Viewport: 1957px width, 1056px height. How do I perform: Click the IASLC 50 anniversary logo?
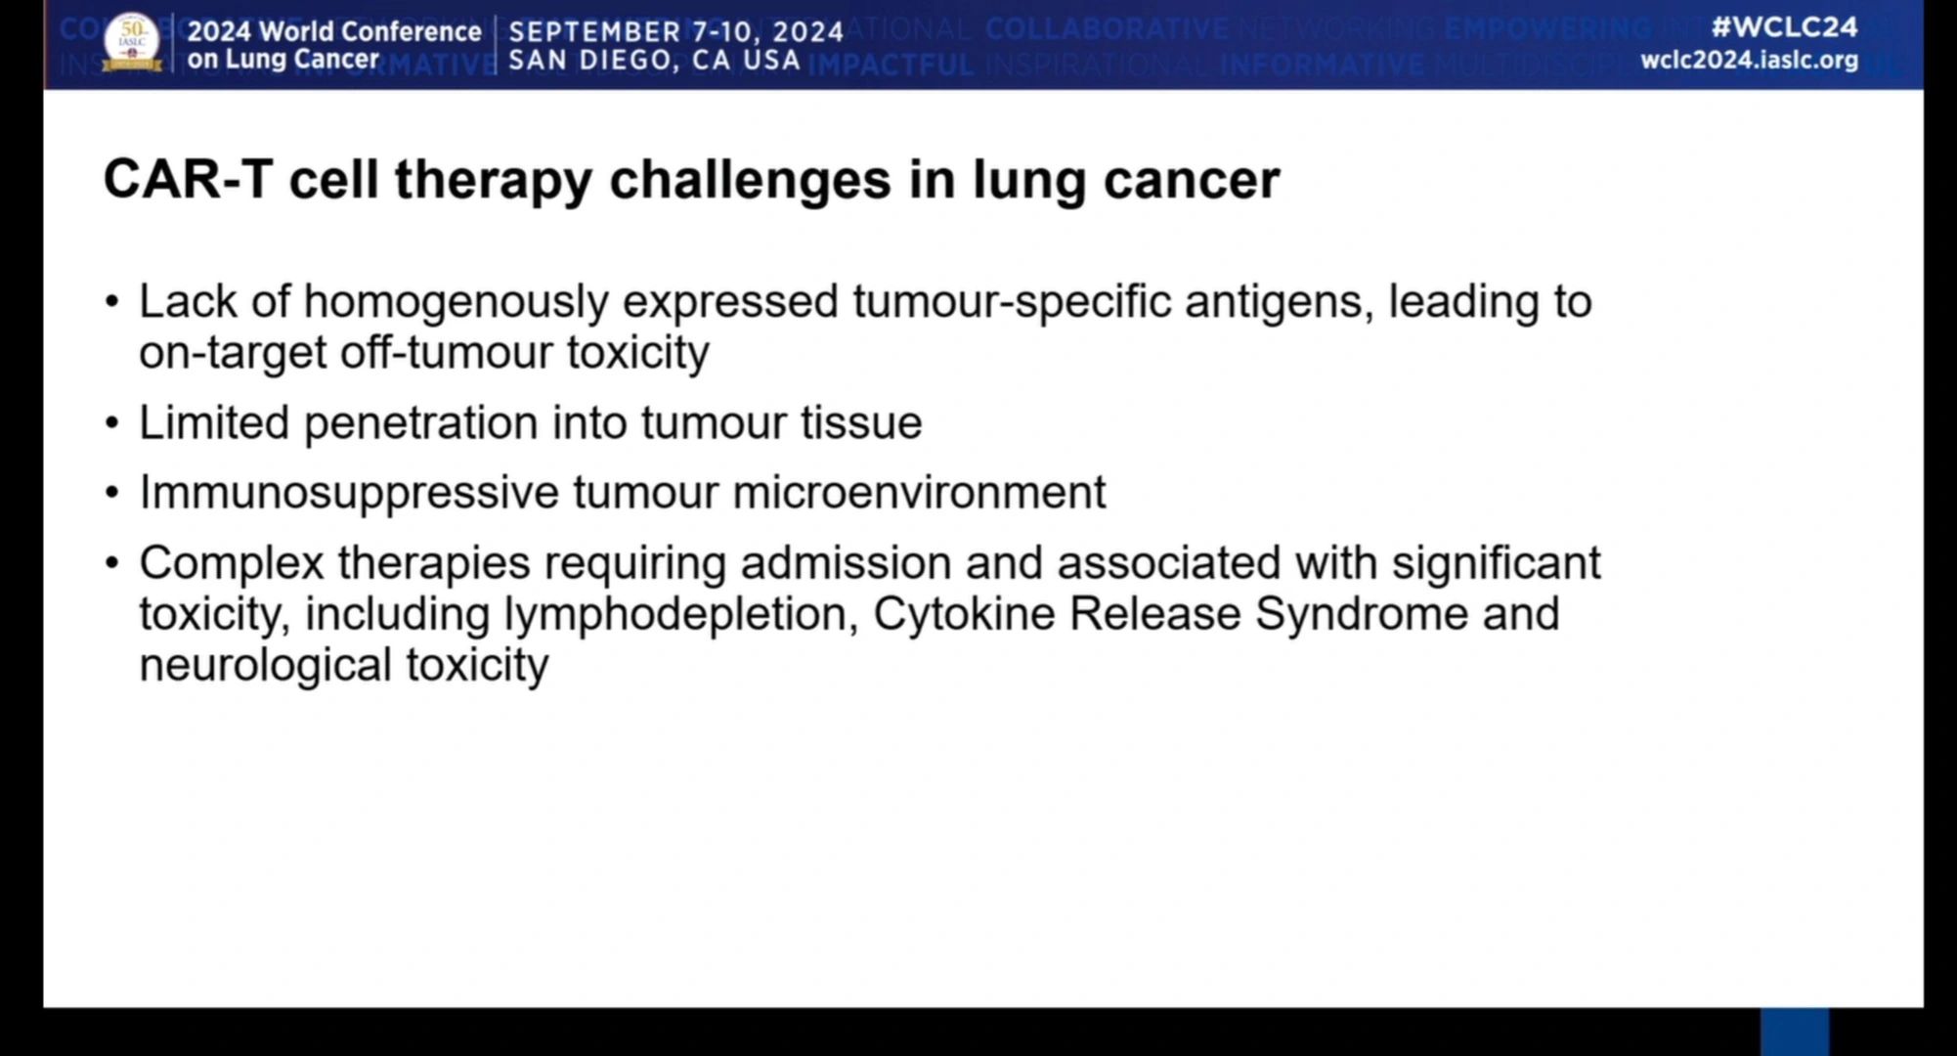[132, 43]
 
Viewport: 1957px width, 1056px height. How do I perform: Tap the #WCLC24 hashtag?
[1784, 26]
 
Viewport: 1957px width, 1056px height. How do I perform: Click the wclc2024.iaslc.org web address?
[1749, 60]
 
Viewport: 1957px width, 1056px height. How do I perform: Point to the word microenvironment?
[919, 492]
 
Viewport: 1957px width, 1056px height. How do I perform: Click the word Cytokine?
[963, 615]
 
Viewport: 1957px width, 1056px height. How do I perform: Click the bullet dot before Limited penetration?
[112, 424]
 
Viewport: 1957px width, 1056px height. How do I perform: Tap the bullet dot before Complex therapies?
[112, 564]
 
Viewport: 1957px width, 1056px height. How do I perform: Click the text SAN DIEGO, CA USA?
[655, 61]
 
